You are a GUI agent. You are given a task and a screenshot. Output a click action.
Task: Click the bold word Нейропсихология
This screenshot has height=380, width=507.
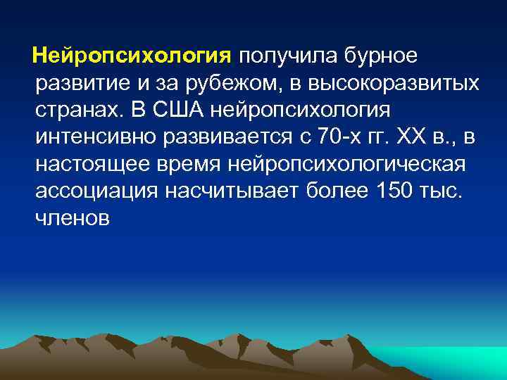click(x=132, y=56)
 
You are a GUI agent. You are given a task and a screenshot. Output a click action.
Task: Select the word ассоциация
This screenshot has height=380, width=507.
click(x=89, y=193)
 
